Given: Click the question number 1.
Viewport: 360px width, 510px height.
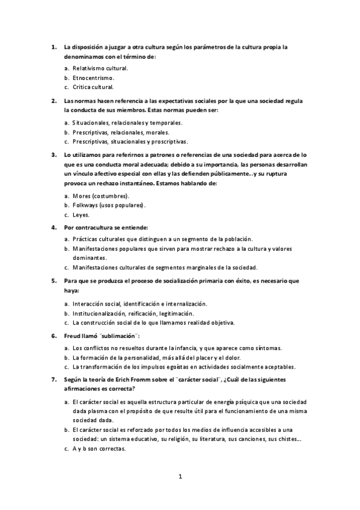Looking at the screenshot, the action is click(x=53, y=46).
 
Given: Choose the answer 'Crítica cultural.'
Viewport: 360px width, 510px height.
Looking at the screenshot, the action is click(x=93, y=87).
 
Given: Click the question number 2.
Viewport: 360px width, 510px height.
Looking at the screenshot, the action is click(x=53, y=100).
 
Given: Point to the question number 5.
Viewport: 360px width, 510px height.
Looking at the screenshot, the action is click(x=53, y=281).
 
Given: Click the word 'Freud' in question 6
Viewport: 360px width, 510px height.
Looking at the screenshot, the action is click(x=73, y=335).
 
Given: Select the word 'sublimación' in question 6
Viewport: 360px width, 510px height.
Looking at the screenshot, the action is click(x=117, y=335).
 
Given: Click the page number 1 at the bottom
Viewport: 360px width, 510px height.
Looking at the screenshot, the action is click(x=180, y=477).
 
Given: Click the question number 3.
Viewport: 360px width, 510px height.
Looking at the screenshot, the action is click(x=53, y=155).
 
